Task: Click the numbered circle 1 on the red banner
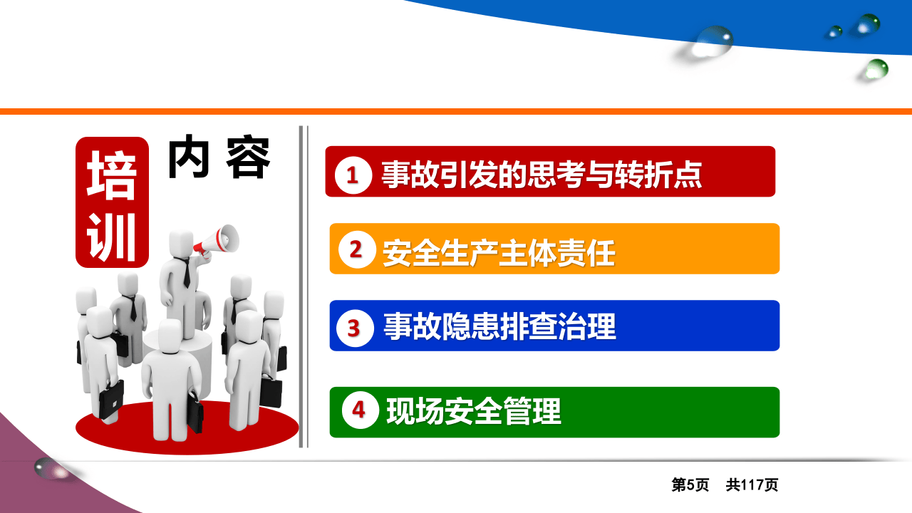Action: (353, 175)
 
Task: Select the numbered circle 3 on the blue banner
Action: (355, 328)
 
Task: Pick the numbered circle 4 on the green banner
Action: (359, 410)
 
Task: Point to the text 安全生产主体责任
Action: (499, 252)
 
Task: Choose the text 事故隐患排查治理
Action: (499, 327)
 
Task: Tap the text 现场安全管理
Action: (474, 410)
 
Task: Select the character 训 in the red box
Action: (112, 236)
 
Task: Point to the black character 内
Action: (189, 157)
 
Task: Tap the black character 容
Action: (249, 157)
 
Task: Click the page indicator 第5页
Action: (690, 485)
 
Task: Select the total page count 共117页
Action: (752, 485)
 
